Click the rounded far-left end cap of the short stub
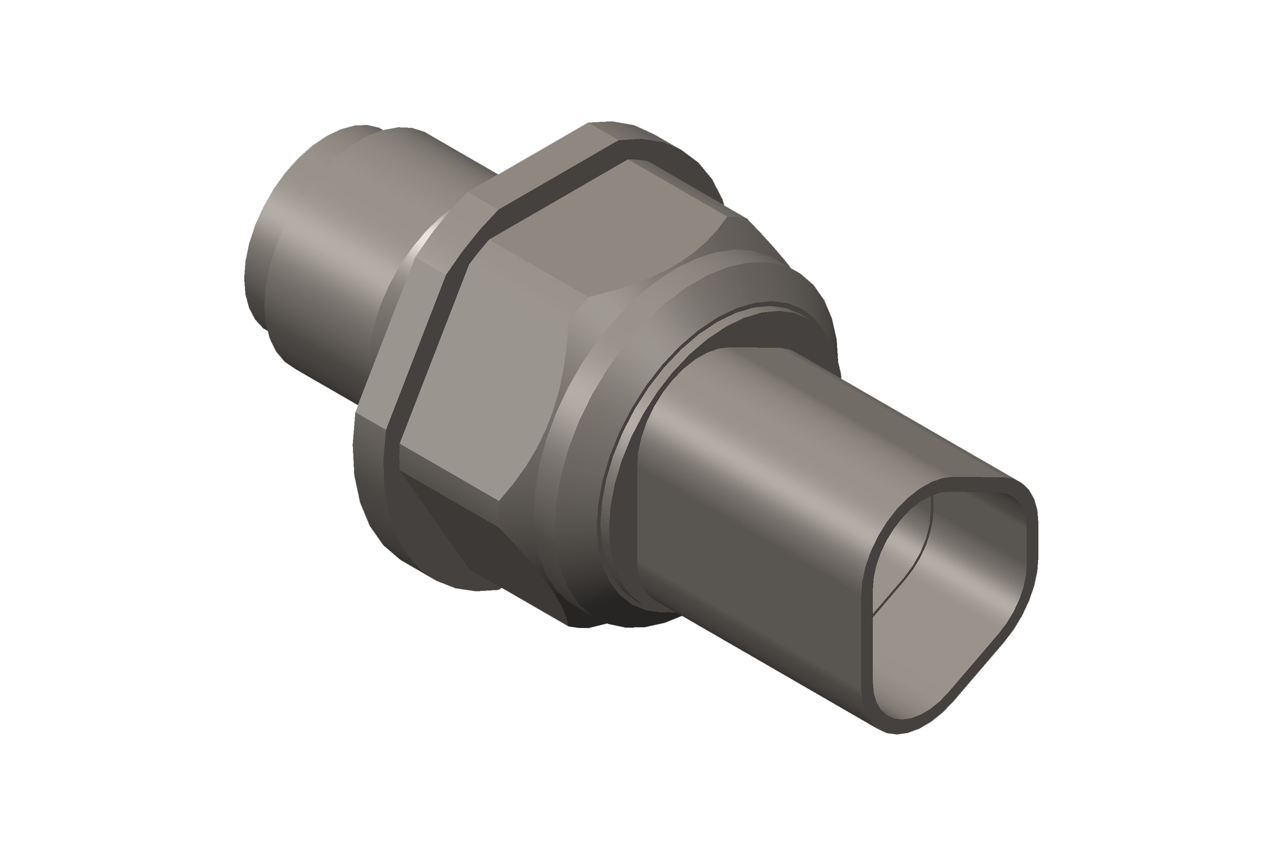(x=256, y=273)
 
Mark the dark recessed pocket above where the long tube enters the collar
(x=764, y=327)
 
